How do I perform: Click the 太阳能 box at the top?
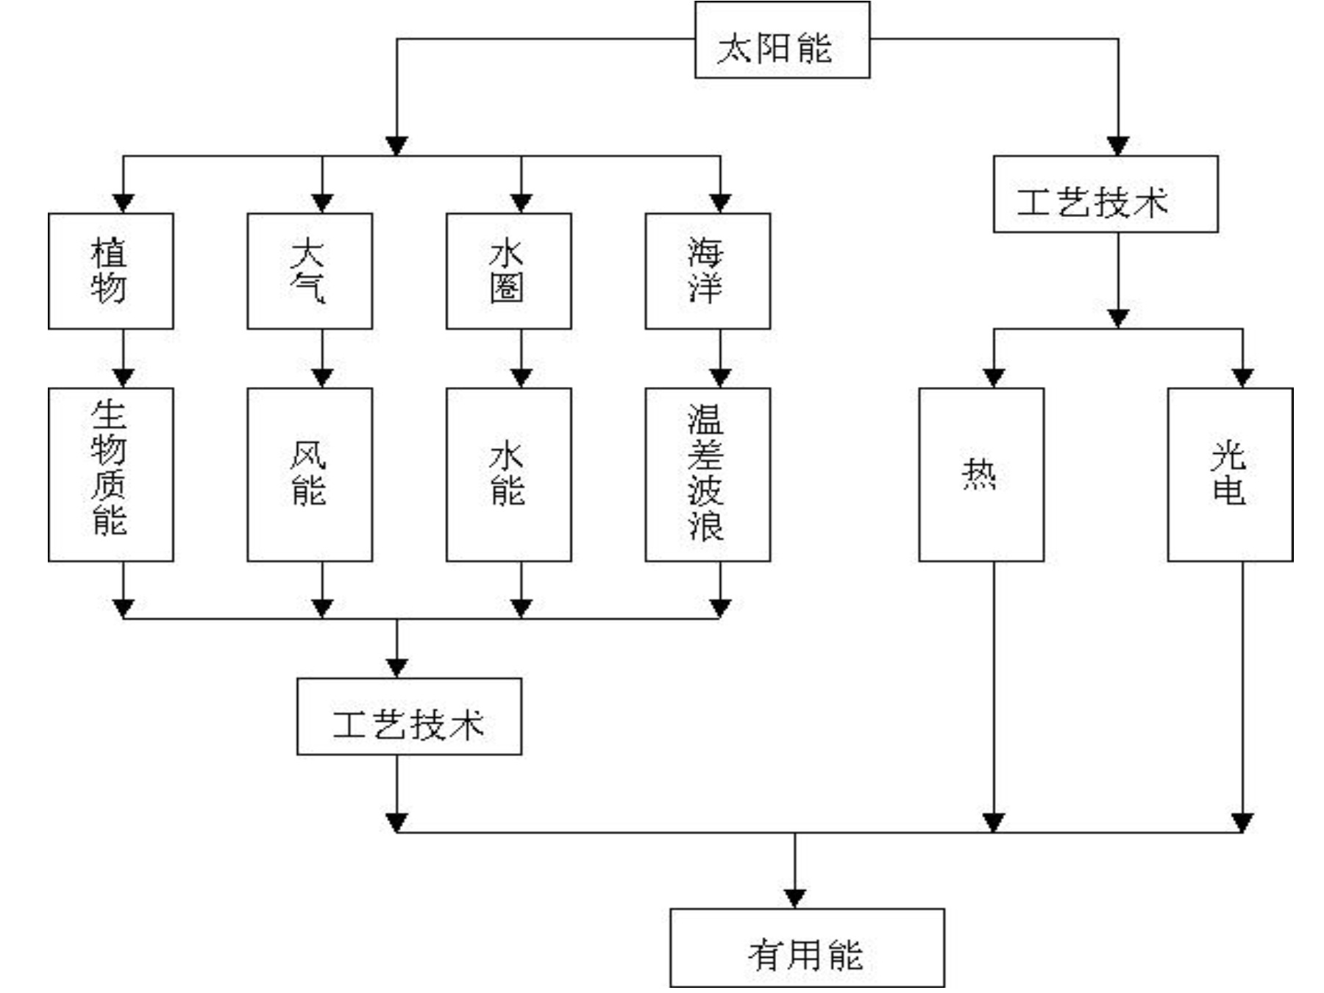coord(782,40)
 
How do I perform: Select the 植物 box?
coord(111,271)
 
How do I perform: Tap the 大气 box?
coord(310,271)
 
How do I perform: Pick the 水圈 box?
coord(509,271)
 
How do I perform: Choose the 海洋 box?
coord(708,271)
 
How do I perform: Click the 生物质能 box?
coord(111,474)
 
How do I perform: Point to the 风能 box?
coord(310,474)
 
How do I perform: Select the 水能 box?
coord(509,474)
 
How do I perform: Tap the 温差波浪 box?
coord(708,474)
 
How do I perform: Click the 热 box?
coord(981,474)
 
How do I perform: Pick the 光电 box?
coord(1230,474)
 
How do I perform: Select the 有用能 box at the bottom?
coord(807,947)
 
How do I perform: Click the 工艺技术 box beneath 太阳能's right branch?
coord(1106,194)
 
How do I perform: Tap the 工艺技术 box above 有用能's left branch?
coord(409,716)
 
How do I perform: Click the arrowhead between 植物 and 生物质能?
coord(124,378)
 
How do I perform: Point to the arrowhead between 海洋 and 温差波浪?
coord(720,378)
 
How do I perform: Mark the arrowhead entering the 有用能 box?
coord(794,899)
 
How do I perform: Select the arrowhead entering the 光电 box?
coord(1242,378)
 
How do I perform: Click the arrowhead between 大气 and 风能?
coord(322,378)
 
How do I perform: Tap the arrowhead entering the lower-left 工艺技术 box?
coord(397,668)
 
